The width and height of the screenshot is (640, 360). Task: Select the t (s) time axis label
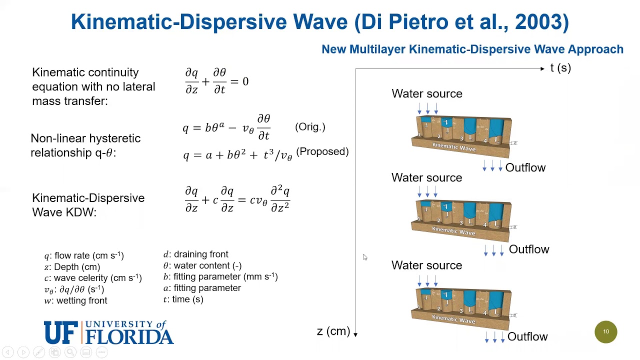point(560,68)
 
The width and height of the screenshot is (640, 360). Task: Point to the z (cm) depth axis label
point(333,331)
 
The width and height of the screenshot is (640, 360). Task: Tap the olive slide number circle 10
point(605,331)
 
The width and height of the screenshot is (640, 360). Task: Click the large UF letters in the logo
point(61,332)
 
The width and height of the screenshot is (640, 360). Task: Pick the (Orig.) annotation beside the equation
point(310,127)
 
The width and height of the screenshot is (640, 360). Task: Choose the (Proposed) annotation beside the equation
point(322,151)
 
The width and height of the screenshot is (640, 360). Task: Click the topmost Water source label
point(426,93)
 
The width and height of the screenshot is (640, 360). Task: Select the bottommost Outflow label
point(527,336)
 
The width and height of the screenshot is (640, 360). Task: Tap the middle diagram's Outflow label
point(528,249)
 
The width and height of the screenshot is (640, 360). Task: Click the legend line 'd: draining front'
point(195,254)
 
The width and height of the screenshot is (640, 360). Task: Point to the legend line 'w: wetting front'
point(75,300)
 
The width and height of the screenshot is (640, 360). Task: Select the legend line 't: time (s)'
point(183,299)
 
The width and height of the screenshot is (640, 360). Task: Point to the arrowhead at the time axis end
point(542,68)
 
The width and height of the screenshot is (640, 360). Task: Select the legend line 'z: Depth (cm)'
point(72,267)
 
